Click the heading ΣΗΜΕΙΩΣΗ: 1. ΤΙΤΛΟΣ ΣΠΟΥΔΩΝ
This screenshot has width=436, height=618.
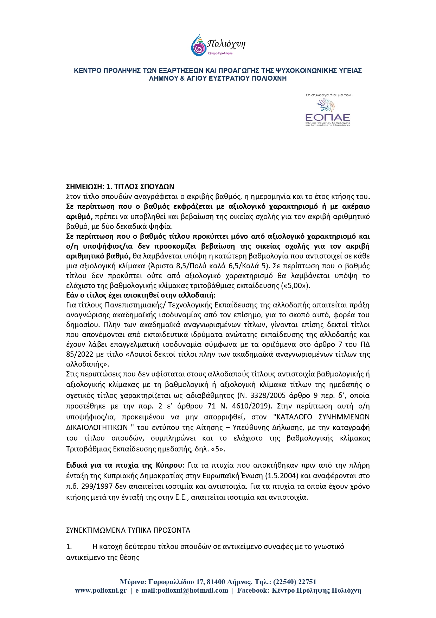pyautogui.click(x=120, y=186)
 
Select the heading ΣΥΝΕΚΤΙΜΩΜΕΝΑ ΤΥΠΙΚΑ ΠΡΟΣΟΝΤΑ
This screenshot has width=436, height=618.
pyautogui.click(x=128, y=530)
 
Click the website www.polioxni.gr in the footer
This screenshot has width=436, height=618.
pyautogui.click(x=101, y=591)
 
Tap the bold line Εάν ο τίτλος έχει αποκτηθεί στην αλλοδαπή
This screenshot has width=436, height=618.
pyautogui.click(x=141, y=295)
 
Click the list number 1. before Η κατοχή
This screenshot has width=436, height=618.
pyautogui.click(x=69, y=547)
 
